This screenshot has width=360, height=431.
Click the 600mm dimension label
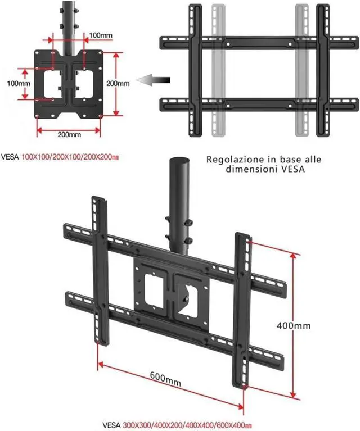click(x=165, y=380)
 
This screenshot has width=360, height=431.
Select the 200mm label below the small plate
click(x=69, y=134)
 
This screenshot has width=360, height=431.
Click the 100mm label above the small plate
click(x=101, y=35)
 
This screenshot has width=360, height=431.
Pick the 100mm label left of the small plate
click(x=19, y=83)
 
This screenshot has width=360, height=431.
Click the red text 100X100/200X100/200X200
click(x=70, y=157)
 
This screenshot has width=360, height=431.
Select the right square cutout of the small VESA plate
click(x=84, y=84)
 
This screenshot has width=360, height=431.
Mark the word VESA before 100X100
click(x=10, y=157)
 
